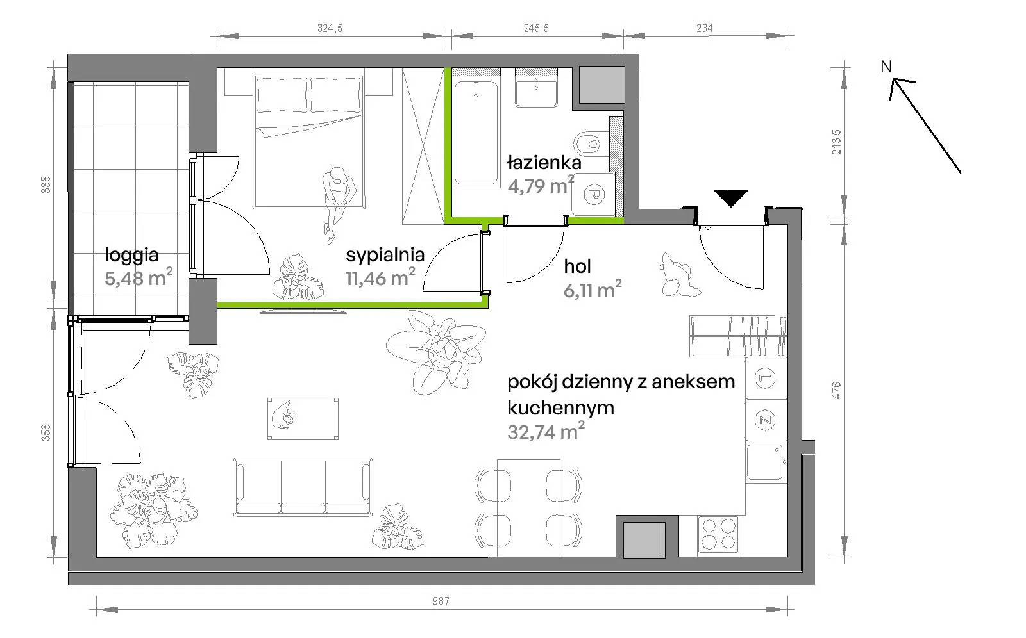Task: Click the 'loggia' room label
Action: tap(131, 256)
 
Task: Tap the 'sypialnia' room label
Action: tap(385, 256)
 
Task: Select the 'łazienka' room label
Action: tap(544, 163)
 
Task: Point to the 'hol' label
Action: tap(577, 266)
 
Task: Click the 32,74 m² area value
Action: tap(546, 432)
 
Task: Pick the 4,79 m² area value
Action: tap(541, 185)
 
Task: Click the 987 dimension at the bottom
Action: tap(441, 601)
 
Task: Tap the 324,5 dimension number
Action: tap(330, 28)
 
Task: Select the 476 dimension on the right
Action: tap(836, 390)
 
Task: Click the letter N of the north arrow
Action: tap(886, 67)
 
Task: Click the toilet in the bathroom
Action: tap(591, 144)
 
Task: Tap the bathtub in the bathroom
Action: tap(476, 133)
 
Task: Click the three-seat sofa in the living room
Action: tap(303, 487)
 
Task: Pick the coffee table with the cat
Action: tap(303, 419)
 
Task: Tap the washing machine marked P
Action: tap(594, 195)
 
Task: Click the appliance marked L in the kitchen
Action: tap(766, 378)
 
